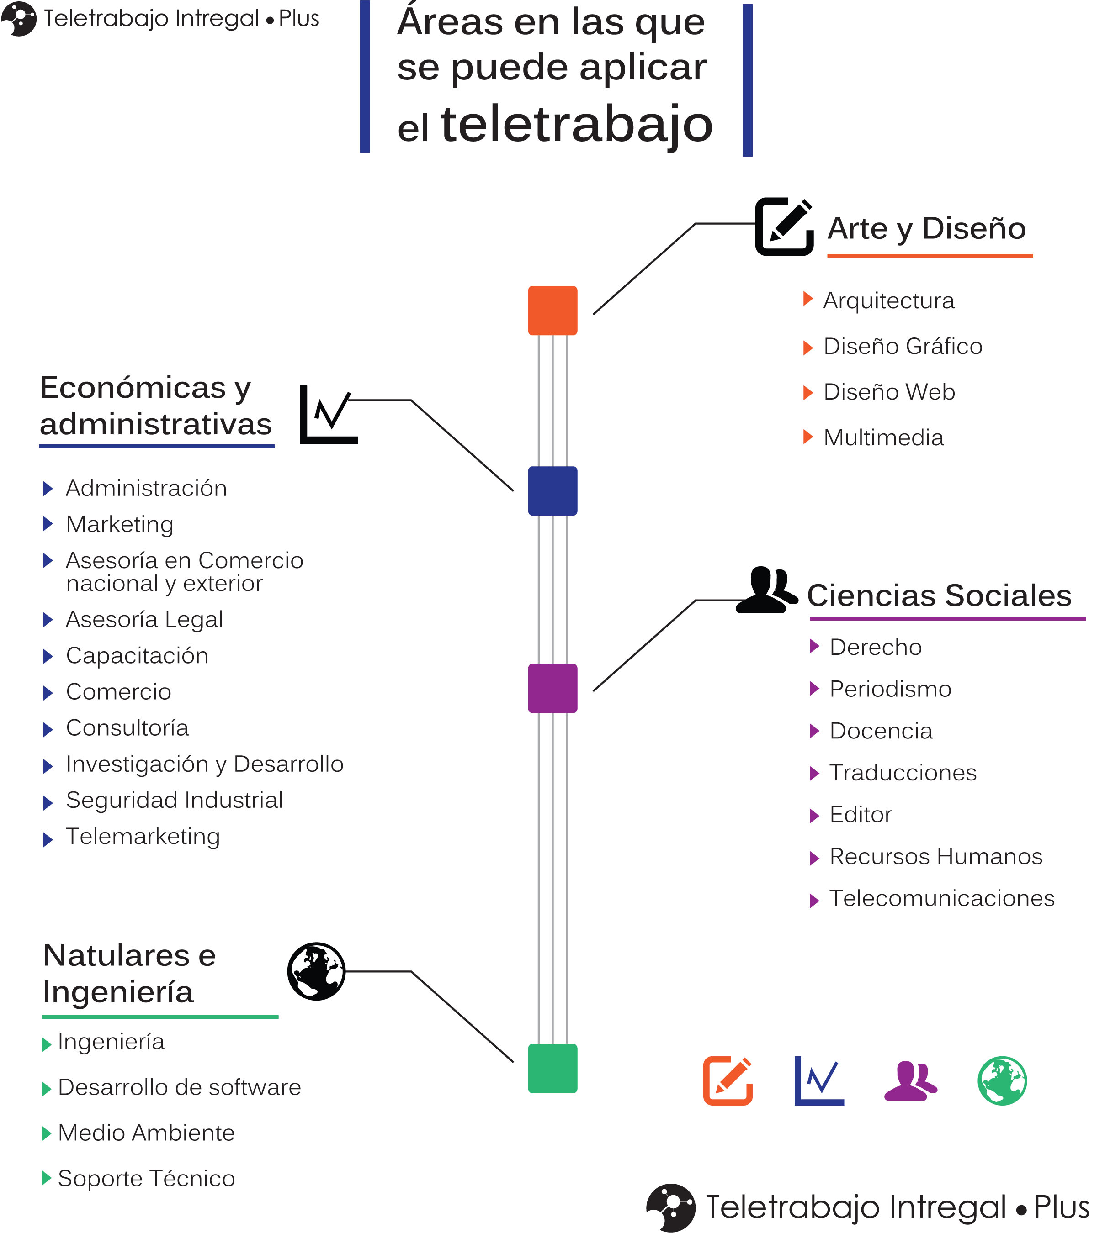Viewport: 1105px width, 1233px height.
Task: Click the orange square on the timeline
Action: [552, 311]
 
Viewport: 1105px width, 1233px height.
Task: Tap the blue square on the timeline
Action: [552, 491]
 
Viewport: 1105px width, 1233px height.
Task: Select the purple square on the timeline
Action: [552, 688]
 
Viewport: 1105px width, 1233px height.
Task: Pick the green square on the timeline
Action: [552, 1069]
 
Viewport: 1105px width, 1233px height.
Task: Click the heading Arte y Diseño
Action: [926, 229]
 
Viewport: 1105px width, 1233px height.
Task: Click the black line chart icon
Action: [329, 415]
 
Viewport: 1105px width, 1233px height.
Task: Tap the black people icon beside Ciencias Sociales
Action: [767, 590]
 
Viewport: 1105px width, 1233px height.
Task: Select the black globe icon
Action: [316, 971]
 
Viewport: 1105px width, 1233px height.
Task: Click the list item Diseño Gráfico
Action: [903, 347]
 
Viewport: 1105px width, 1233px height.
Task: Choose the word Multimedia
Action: [883, 437]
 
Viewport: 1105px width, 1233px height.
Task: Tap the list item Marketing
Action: [120, 524]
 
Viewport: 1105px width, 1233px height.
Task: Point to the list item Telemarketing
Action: [143, 836]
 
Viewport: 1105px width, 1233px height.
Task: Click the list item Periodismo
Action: [890, 689]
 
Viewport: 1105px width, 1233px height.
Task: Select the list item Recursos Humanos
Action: [935, 856]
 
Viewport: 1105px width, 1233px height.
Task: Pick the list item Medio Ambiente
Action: [146, 1133]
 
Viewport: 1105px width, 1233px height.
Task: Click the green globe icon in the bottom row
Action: [1002, 1080]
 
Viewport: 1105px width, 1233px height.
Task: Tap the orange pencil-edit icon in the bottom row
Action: [728, 1080]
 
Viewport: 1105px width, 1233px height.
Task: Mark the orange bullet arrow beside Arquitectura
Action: [807, 299]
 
